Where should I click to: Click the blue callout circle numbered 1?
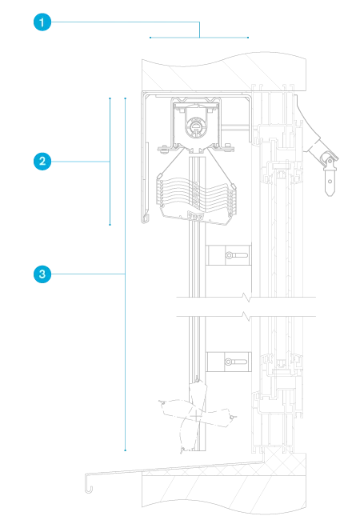[x=42, y=22]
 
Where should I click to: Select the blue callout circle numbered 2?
[x=42, y=162]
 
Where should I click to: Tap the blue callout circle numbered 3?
[x=42, y=274]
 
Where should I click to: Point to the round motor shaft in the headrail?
[x=195, y=126]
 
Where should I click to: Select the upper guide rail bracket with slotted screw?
[x=228, y=255]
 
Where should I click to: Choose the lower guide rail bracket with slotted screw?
[x=228, y=362]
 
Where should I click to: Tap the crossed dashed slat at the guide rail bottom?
[x=196, y=415]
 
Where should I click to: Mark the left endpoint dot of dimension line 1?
[x=150, y=38]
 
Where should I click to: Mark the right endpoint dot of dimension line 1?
[x=248, y=38]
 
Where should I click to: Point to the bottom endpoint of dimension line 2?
[x=110, y=225]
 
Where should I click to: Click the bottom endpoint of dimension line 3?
[x=126, y=450]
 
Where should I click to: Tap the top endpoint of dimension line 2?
[x=110, y=98]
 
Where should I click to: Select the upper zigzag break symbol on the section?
[x=246, y=296]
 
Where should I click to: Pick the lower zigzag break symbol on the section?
[x=246, y=316]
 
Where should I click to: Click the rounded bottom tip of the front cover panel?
[x=145, y=218]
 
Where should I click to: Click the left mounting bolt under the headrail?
[x=163, y=150]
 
